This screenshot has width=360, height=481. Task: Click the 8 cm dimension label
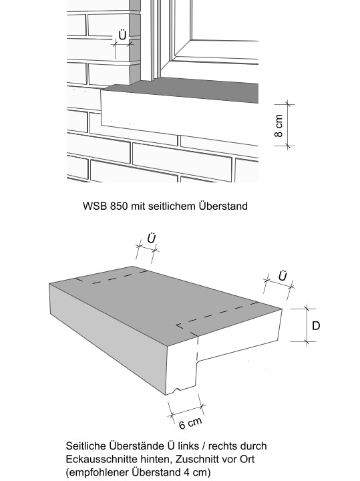(279, 126)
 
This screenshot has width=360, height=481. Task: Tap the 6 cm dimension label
(190, 423)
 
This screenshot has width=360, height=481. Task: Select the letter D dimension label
(316, 325)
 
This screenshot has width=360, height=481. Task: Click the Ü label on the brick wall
(122, 35)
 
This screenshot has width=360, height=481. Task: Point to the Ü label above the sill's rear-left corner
(151, 238)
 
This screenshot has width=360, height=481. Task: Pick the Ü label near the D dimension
(283, 276)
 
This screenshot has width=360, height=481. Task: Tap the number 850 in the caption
(119, 206)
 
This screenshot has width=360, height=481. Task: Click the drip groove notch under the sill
(177, 390)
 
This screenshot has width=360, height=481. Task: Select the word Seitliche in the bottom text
(85, 446)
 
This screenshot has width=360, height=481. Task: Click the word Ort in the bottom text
(247, 459)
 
